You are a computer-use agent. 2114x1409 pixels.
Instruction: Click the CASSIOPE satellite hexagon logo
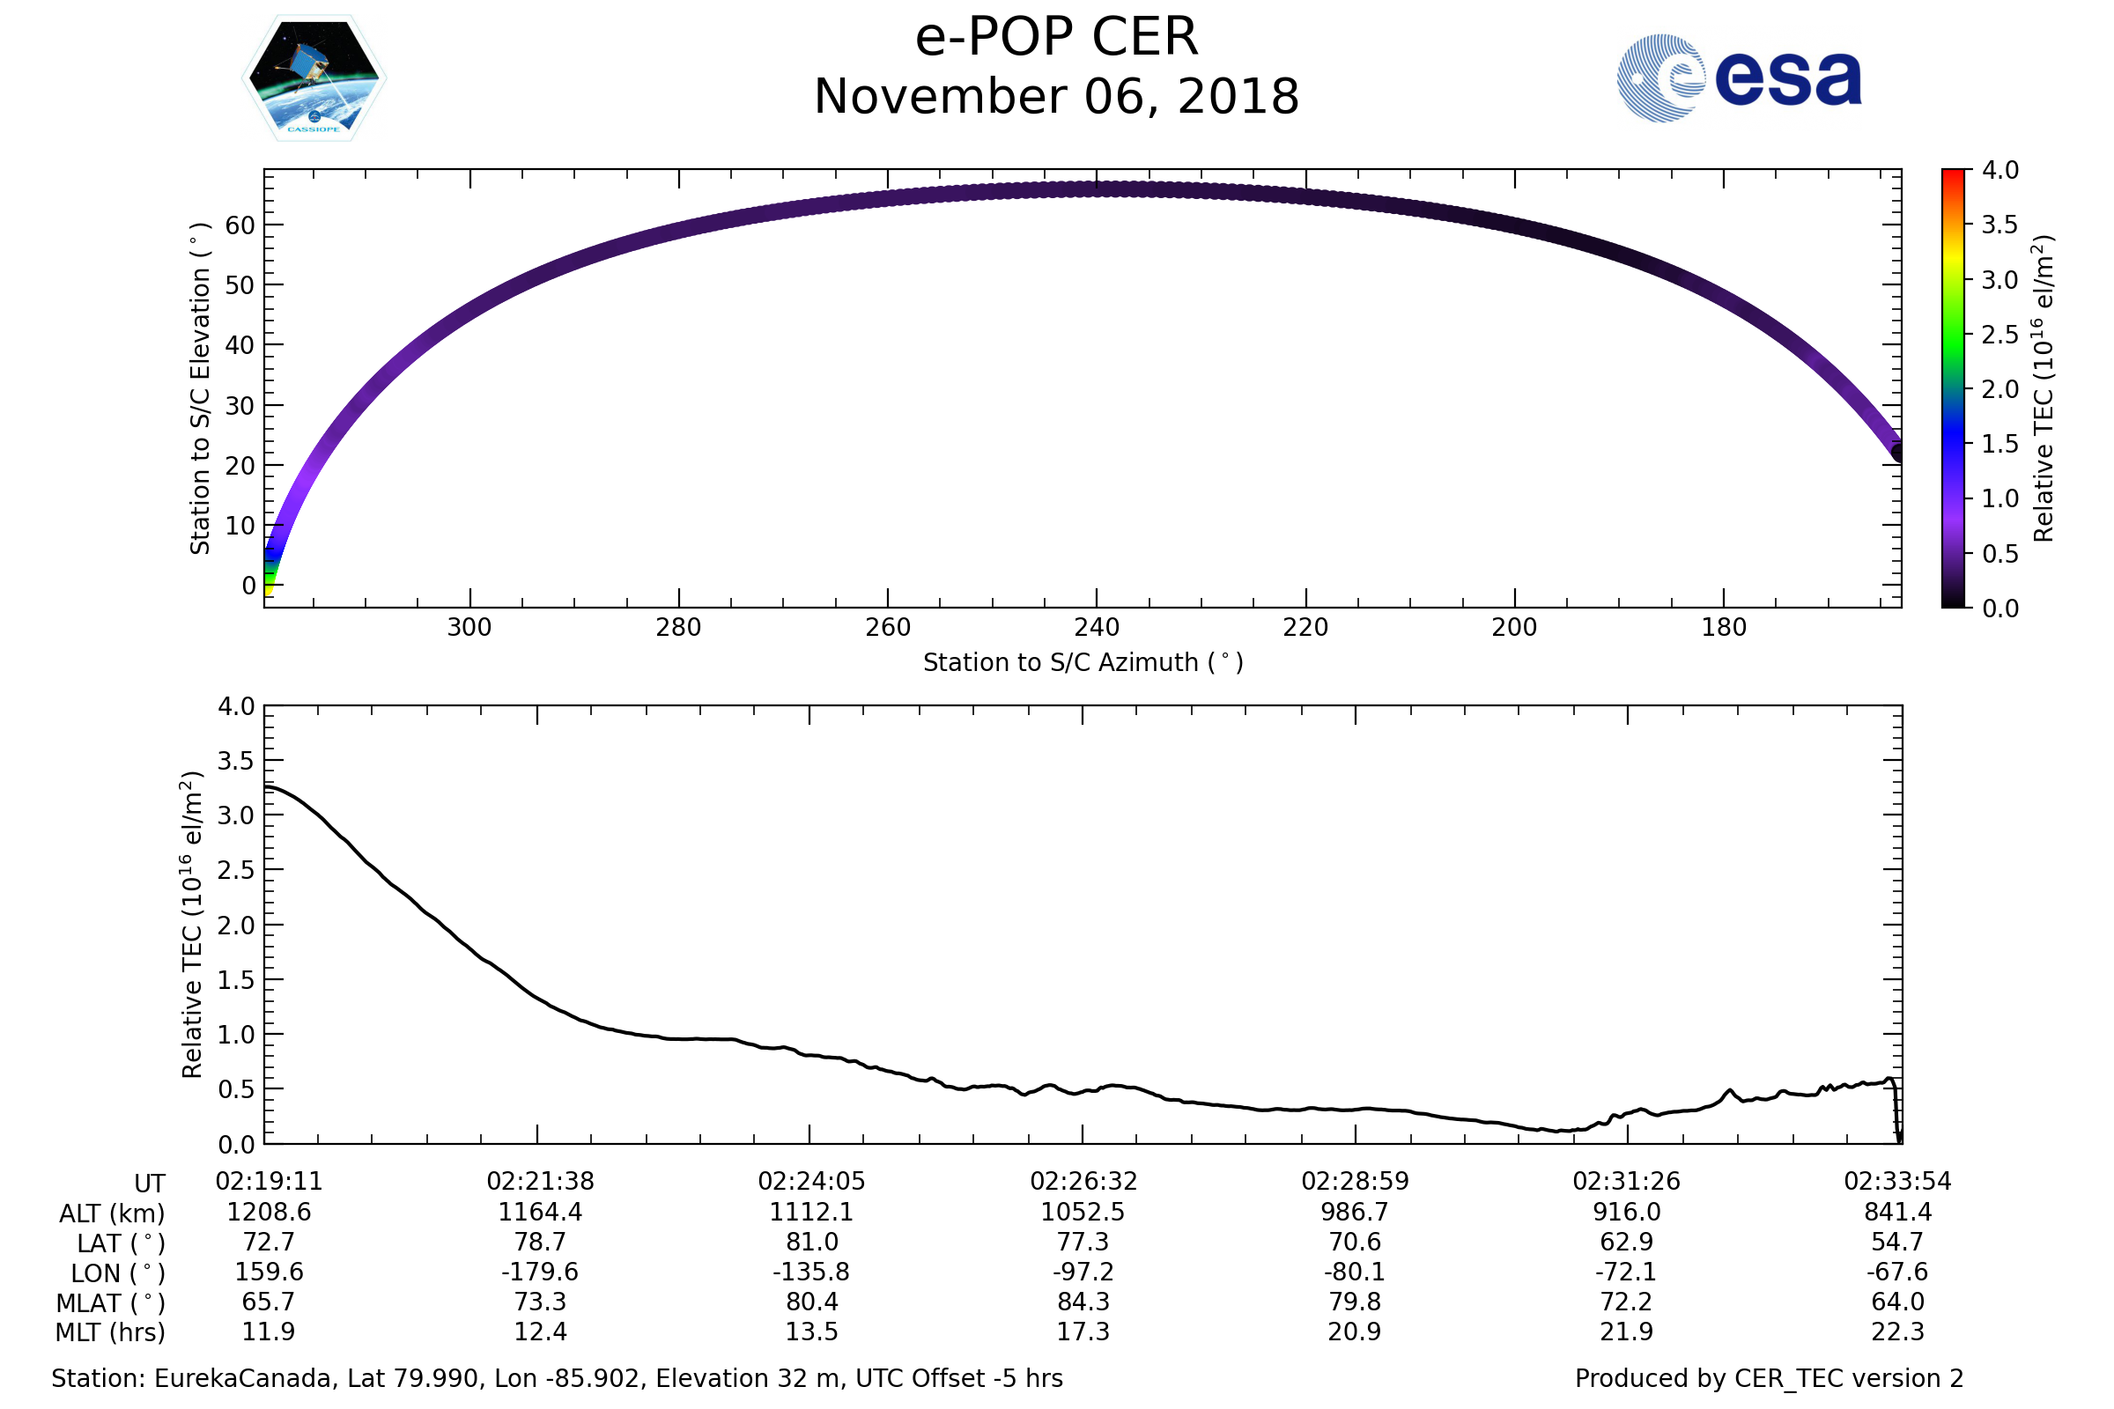314,78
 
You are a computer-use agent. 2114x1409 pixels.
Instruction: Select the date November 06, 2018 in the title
1056,97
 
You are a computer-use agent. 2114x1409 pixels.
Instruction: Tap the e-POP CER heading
1056,38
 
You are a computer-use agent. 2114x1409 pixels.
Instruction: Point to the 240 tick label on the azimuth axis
1097,627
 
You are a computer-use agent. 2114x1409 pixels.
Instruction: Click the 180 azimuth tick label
1723,627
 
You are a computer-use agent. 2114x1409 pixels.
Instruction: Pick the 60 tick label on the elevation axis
240,225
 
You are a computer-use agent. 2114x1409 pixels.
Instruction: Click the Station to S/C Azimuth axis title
1083,663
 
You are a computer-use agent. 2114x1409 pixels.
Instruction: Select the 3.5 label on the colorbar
1999,225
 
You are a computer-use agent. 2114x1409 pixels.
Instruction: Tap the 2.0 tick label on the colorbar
1999,389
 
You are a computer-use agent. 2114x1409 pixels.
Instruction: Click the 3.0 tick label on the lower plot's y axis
236,815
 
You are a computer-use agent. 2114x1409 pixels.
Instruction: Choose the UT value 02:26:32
1083,1182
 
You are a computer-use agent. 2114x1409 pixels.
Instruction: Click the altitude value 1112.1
810,1213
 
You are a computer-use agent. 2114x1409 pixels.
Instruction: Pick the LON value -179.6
539,1273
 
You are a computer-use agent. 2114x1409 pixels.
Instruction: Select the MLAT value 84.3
1083,1302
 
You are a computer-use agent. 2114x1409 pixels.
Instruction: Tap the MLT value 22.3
1897,1332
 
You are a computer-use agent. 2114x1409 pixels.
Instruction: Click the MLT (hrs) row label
111,1332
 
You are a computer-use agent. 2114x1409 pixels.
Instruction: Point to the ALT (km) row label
113,1214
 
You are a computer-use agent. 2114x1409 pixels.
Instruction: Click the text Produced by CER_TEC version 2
1769,1379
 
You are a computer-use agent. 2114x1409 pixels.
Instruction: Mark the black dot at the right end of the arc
1898,452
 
